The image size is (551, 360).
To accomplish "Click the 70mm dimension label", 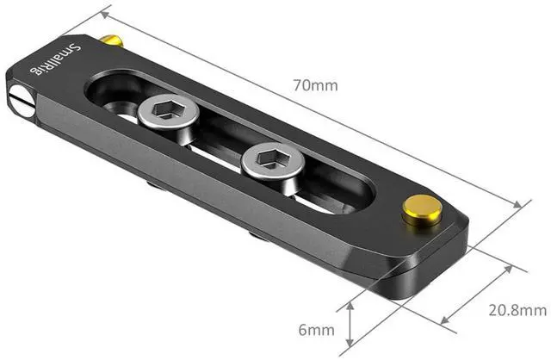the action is pos(315,85).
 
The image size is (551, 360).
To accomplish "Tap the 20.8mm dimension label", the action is pos(517,310).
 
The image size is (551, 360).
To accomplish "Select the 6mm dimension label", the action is pos(316,330).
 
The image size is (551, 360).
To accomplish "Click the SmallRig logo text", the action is pos(55,59).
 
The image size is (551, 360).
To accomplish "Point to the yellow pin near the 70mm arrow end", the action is pos(422,210).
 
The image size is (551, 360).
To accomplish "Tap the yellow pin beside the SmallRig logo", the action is pos(112,40).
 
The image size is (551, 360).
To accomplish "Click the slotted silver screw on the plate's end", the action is pos(22,100).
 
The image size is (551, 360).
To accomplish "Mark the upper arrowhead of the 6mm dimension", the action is pos(350,307).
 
